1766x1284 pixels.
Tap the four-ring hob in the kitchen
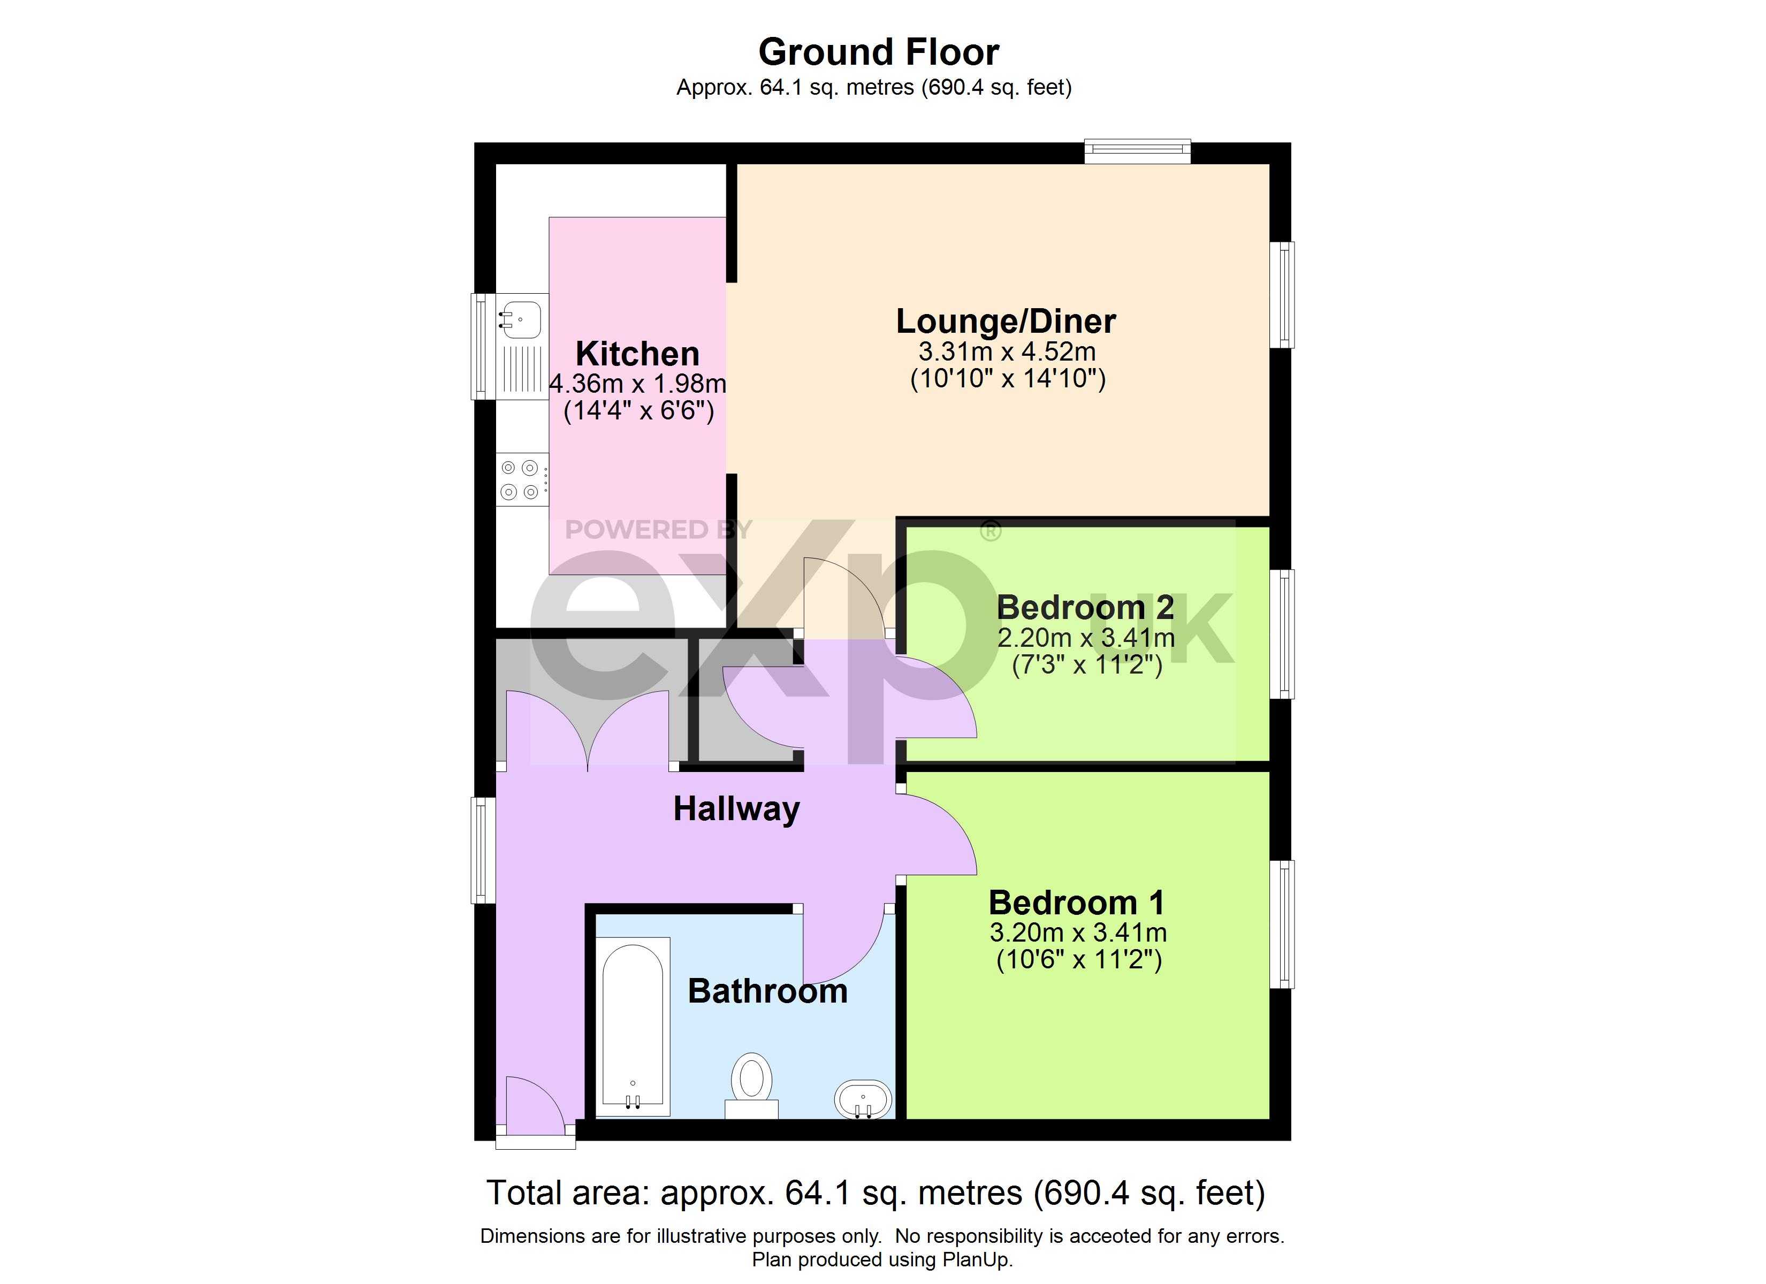(522, 480)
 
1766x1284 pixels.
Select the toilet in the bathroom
(751, 1086)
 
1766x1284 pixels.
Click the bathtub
(633, 1026)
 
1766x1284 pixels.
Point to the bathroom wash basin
(863, 1099)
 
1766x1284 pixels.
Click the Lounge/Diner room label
(1006, 322)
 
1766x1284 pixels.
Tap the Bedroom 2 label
(1085, 607)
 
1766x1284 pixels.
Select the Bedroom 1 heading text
(1077, 903)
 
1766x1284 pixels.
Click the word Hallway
(736, 809)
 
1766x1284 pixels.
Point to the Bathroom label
(768, 991)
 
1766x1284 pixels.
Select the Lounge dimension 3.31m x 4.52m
(1007, 352)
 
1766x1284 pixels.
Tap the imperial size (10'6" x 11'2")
(1079, 959)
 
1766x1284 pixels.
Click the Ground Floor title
(879, 52)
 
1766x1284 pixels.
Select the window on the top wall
(1138, 151)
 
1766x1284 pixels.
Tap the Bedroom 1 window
(1282, 924)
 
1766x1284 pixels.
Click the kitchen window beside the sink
(484, 347)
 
